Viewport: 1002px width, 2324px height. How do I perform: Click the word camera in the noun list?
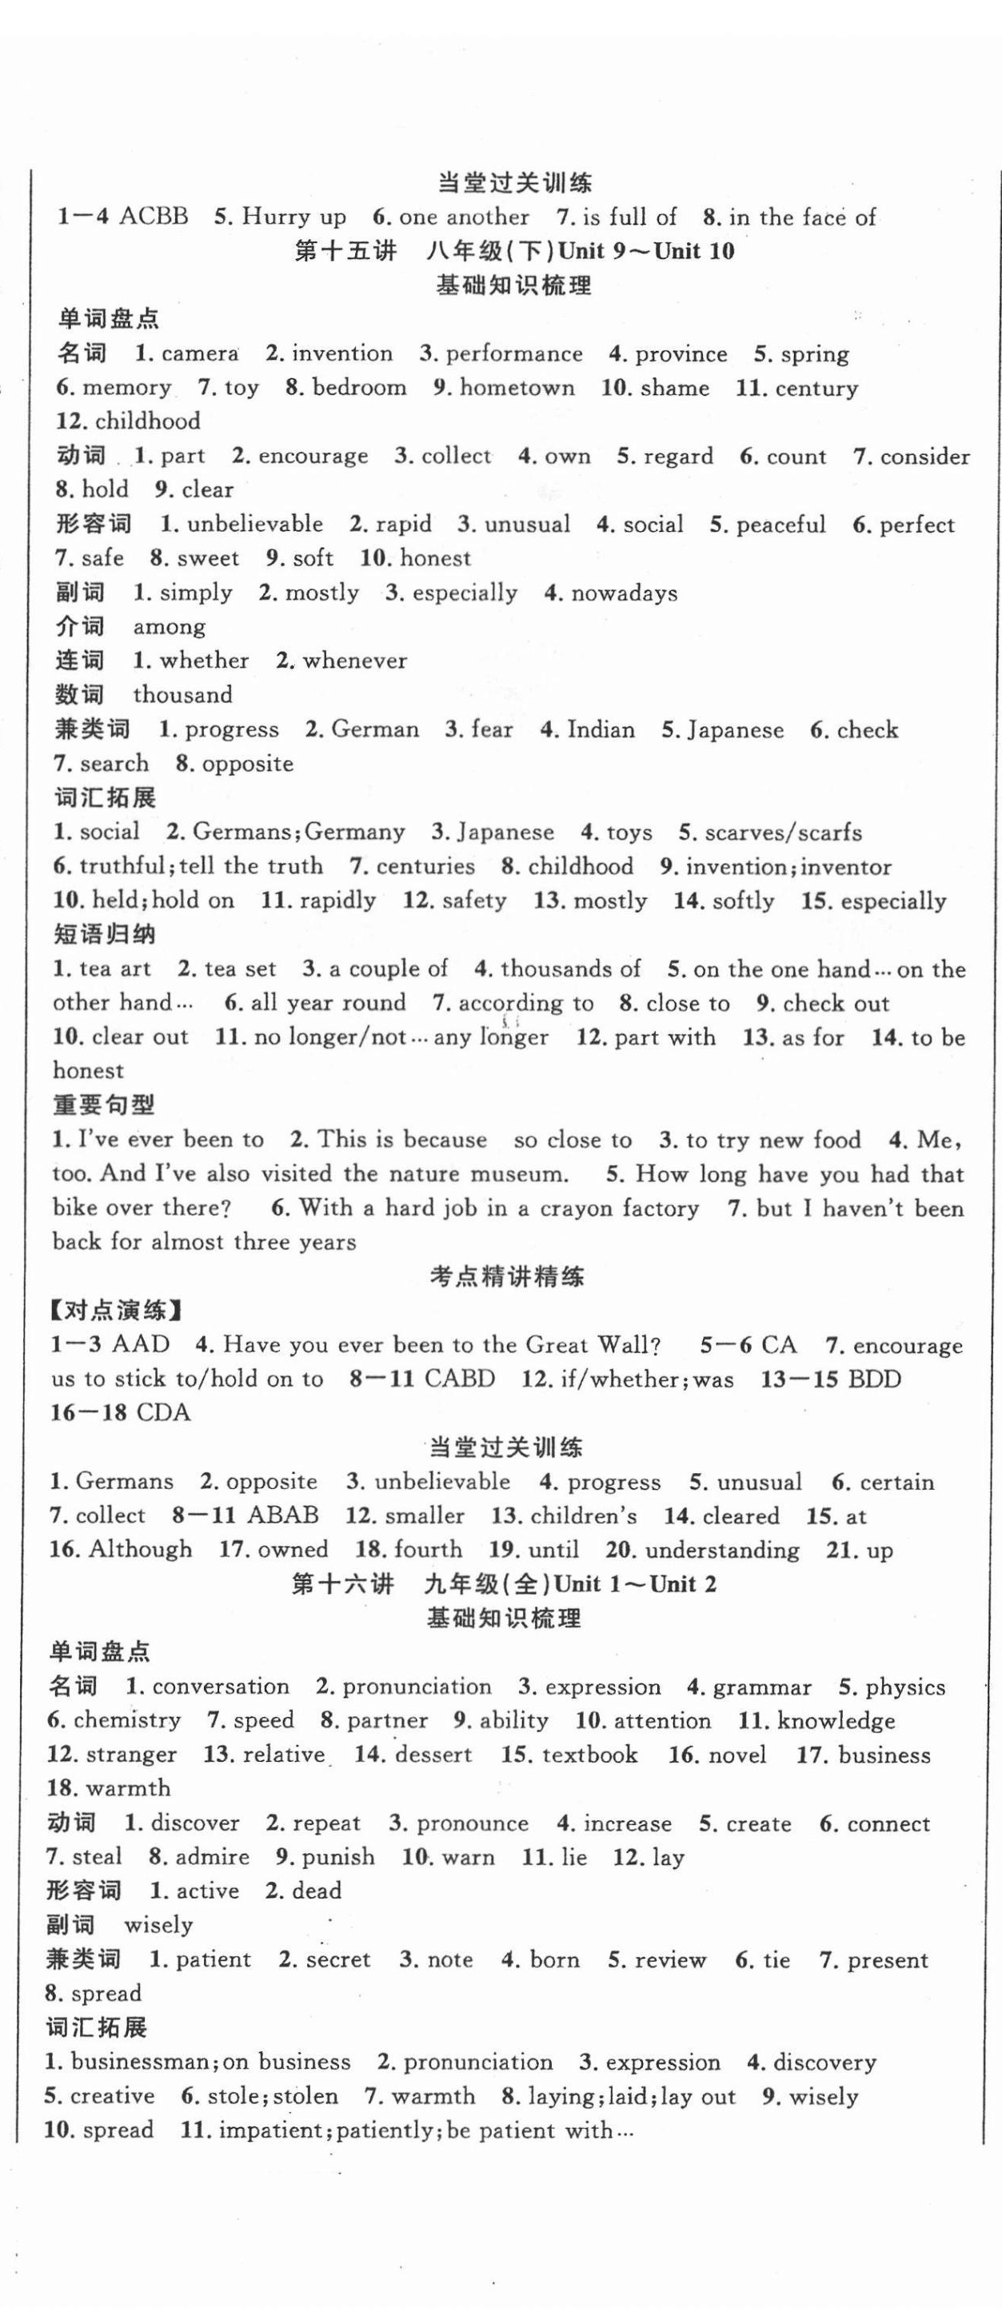199,353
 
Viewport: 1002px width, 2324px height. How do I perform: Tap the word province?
681,353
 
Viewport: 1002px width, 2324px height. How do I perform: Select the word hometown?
517,388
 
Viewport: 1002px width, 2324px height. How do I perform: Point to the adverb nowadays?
624,593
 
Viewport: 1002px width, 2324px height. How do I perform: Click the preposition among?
170,627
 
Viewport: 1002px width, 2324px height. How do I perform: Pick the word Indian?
601,729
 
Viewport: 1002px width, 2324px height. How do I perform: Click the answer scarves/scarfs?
783,832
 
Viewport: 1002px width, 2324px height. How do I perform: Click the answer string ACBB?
154,217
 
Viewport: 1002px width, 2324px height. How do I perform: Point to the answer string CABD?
459,1380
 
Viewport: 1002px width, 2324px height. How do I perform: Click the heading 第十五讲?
345,251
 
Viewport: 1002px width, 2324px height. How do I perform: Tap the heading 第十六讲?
343,1584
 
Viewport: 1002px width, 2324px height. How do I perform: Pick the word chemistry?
127,1720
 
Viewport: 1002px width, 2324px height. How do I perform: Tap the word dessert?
433,1755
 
